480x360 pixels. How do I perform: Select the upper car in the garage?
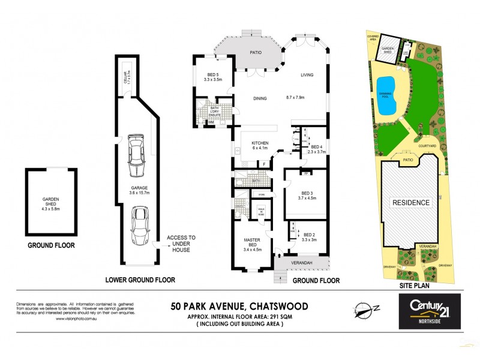click(136, 155)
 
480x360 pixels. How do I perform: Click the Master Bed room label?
click(251, 242)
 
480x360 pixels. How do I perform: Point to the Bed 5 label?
click(213, 76)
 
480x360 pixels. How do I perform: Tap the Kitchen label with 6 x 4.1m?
click(260, 145)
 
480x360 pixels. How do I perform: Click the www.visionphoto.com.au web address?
click(73, 319)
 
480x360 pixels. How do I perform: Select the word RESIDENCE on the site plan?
click(412, 202)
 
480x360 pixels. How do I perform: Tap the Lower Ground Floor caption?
click(140, 280)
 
